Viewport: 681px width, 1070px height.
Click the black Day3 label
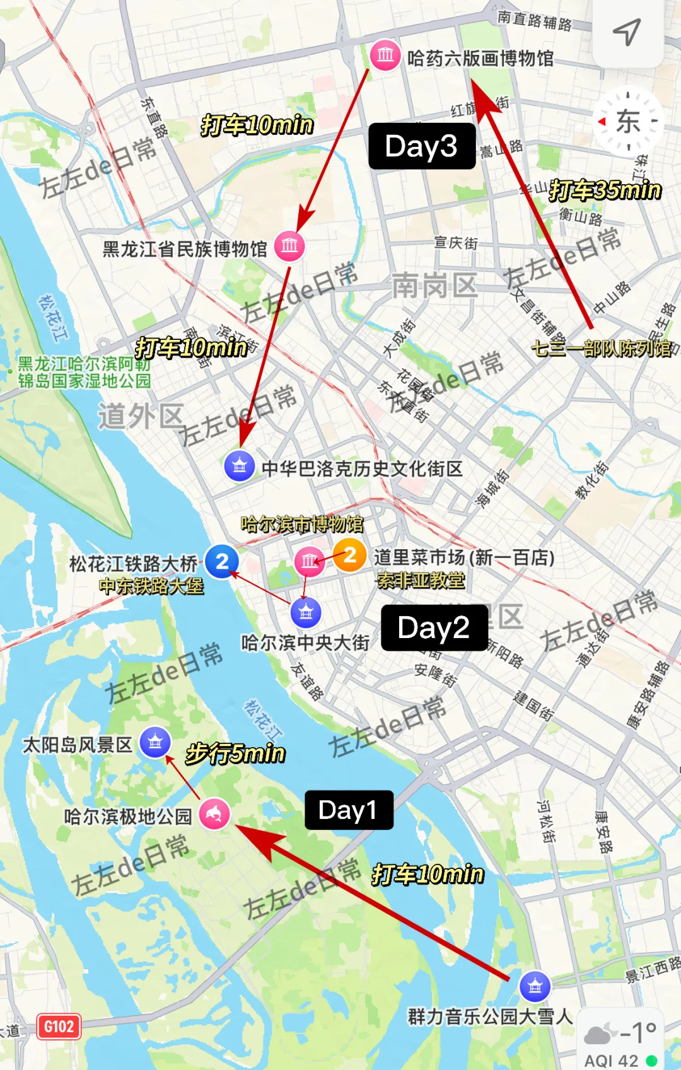tap(421, 146)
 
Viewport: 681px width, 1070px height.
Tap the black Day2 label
tap(434, 628)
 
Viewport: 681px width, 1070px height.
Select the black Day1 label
tap(349, 810)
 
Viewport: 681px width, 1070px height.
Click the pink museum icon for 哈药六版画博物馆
tap(385, 55)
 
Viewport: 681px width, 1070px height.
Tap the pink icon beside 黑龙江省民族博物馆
tap(289, 245)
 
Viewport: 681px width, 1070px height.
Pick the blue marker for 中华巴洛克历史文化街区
tap(240, 466)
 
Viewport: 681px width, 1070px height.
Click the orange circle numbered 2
tap(349, 555)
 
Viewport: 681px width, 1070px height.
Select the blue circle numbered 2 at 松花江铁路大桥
tap(222, 561)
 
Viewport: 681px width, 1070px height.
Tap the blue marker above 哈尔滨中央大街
tap(306, 612)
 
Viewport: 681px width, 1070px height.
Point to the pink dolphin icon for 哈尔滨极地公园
tap(214, 814)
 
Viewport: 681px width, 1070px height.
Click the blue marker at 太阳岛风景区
tap(155, 742)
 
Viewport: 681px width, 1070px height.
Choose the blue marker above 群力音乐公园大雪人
tap(535, 986)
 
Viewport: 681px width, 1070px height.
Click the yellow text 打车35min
tap(605, 190)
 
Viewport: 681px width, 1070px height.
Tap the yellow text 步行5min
tap(235, 753)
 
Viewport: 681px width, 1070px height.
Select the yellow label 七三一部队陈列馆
tap(602, 348)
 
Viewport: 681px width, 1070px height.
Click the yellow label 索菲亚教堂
tap(421, 580)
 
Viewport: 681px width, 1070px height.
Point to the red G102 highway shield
tap(59, 1026)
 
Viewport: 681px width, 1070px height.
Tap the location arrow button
tap(627, 32)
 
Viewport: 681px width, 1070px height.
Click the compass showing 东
tap(628, 121)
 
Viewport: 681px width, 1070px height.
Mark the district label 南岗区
tap(434, 286)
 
